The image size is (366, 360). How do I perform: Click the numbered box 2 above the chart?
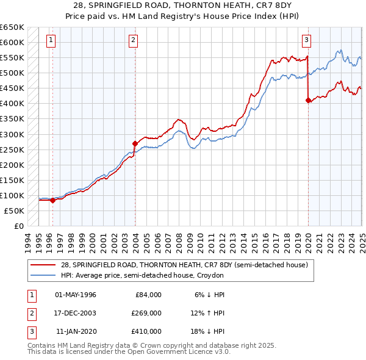coord(133,41)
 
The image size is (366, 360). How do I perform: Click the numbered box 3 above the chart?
coord(306,41)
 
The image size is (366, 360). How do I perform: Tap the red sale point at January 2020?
coord(308,101)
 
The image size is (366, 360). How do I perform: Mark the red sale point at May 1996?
coord(52,200)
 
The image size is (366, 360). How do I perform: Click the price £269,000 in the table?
coord(146,313)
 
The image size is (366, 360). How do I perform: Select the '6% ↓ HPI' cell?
coord(209,295)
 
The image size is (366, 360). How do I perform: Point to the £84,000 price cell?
coord(148,295)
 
